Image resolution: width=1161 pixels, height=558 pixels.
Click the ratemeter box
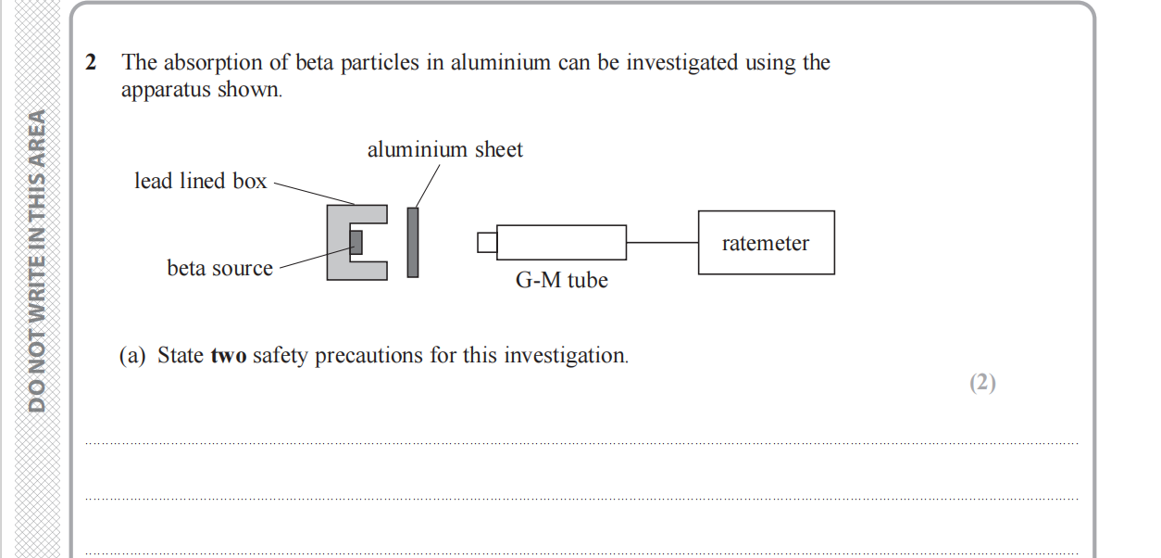(x=766, y=243)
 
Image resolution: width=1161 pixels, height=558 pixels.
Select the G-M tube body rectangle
(x=561, y=243)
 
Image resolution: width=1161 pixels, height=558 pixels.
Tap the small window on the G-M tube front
(x=487, y=243)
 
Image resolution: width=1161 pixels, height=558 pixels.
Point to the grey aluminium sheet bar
(x=413, y=242)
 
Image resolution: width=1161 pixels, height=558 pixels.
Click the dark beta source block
(x=356, y=242)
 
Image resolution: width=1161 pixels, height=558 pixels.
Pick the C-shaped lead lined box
(x=337, y=242)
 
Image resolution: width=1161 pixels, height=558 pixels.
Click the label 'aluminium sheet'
(x=444, y=149)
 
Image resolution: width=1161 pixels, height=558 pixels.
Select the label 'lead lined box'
(x=200, y=182)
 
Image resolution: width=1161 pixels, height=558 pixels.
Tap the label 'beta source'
(x=219, y=269)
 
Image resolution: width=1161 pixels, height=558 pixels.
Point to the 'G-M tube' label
(x=561, y=280)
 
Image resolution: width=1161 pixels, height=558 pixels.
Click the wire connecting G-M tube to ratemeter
(x=662, y=243)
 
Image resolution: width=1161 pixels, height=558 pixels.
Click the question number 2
(x=91, y=63)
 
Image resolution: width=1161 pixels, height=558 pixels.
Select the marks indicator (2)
(x=982, y=383)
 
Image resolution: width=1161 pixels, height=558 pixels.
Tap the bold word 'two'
(x=229, y=356)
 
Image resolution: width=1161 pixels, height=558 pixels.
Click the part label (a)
(x=133, y=356)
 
